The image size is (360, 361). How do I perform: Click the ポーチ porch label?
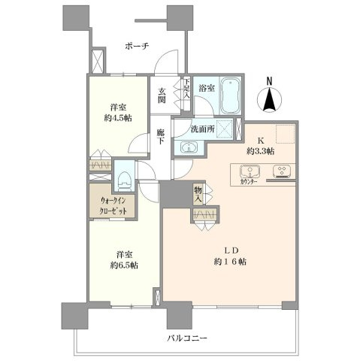point(137,46)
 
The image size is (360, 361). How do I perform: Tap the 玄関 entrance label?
point(162,96)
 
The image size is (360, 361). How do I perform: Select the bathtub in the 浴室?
point(231,96)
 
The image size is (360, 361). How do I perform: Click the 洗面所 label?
point(202,129)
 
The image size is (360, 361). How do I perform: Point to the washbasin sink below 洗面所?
point(189,147)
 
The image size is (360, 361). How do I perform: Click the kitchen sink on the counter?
point(250,171)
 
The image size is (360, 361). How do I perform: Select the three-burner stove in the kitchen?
point(282,171)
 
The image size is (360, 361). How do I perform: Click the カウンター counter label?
point(249,182)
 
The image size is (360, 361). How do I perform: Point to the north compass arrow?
point(270,100)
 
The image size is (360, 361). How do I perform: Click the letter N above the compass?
point(269,81)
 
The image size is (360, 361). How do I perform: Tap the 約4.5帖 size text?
point(118,118)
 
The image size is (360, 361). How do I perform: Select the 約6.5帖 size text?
point(124,265)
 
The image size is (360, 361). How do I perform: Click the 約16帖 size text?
point(230,262)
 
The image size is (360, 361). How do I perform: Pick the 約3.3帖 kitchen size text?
point(260,151)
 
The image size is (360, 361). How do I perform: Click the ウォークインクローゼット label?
point(113,206)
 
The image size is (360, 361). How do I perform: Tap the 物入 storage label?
point(198,195)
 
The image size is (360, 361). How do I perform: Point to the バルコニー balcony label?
point(187,338)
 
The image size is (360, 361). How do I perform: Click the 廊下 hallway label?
point(160,136)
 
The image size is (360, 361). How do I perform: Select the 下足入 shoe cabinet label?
point(186,88)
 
